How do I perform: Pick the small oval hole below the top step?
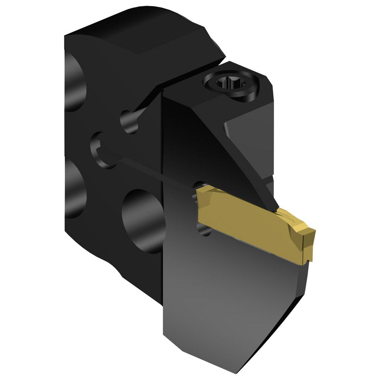129,121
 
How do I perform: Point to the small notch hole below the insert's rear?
205,229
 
